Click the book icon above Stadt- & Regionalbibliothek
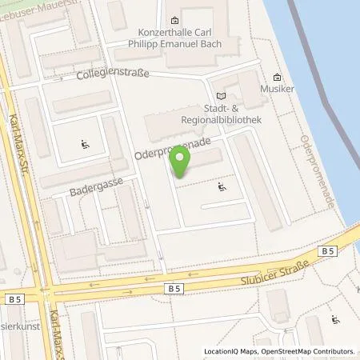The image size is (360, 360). [x=221, y=98]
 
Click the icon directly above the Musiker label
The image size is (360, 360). [x=277, y=78]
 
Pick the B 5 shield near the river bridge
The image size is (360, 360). [x=327, y=251]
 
